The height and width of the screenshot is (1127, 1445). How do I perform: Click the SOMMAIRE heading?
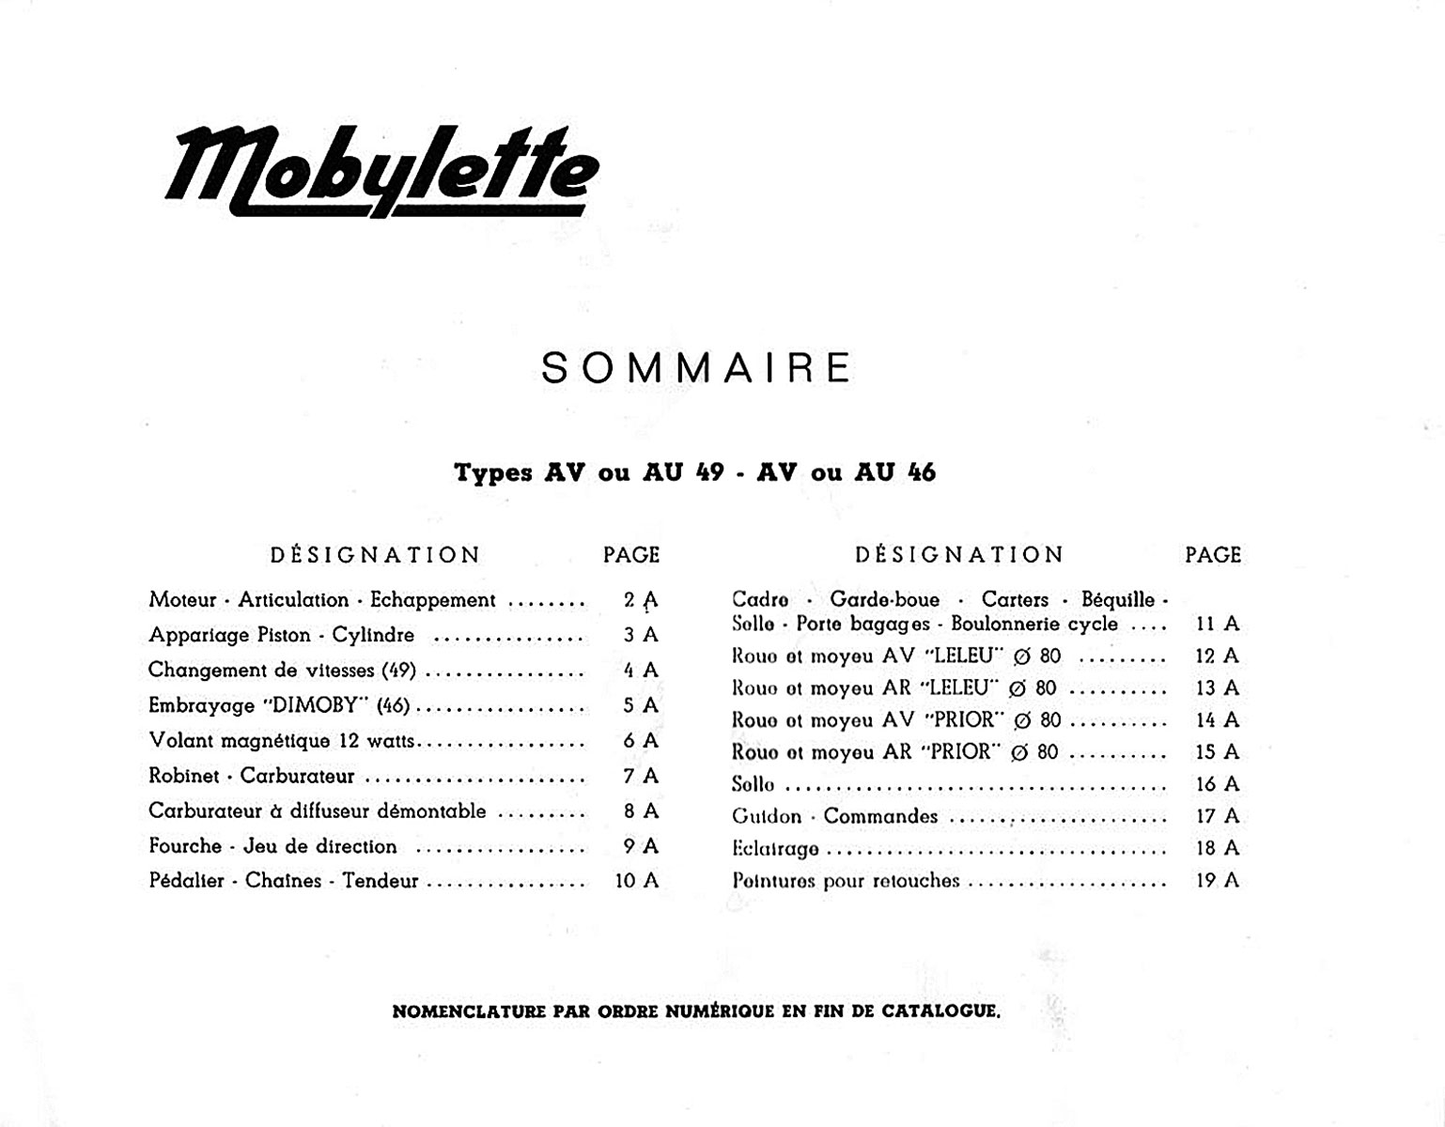(696, 368)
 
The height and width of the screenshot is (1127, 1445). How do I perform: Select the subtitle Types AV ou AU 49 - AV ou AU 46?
(694, 472)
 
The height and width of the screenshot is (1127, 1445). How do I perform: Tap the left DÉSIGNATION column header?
(375, 555)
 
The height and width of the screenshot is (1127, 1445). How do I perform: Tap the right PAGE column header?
(1213, 555)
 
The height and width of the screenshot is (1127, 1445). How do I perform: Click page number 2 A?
(640, 600)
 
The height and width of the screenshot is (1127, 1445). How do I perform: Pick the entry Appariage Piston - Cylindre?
(281, 636)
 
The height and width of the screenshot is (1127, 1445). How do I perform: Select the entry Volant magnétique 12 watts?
(281, 741)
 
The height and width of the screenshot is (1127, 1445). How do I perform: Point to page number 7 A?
(640, 776)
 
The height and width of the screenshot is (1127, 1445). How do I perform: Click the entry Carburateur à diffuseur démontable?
(317, 811)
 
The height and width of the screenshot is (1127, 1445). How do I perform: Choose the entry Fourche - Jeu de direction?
(272, 846)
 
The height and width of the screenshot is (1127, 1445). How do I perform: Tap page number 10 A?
(636, 881)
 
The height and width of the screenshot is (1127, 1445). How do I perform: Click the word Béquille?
(1118, 599)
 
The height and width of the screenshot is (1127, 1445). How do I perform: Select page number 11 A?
(1217, 624)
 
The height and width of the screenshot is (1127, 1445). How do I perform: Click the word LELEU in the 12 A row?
(956, 656)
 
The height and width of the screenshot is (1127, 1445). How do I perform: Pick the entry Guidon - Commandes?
(834, 816)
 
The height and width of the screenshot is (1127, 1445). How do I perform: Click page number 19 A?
(1217, 881)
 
